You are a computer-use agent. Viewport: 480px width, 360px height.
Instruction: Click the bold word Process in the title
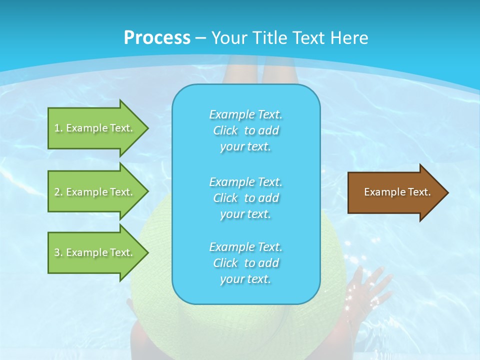(157, 37)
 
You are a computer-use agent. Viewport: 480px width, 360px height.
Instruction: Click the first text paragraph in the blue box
(245, 130)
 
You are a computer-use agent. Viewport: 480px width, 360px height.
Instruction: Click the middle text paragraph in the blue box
(245, 198)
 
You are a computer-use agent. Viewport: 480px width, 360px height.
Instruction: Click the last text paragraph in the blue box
(245, 263)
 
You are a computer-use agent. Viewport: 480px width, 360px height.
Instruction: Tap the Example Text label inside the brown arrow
(397, 192)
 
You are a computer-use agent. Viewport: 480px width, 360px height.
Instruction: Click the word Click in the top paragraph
(225, 131)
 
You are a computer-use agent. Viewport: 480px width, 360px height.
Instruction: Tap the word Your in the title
(228, 37)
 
